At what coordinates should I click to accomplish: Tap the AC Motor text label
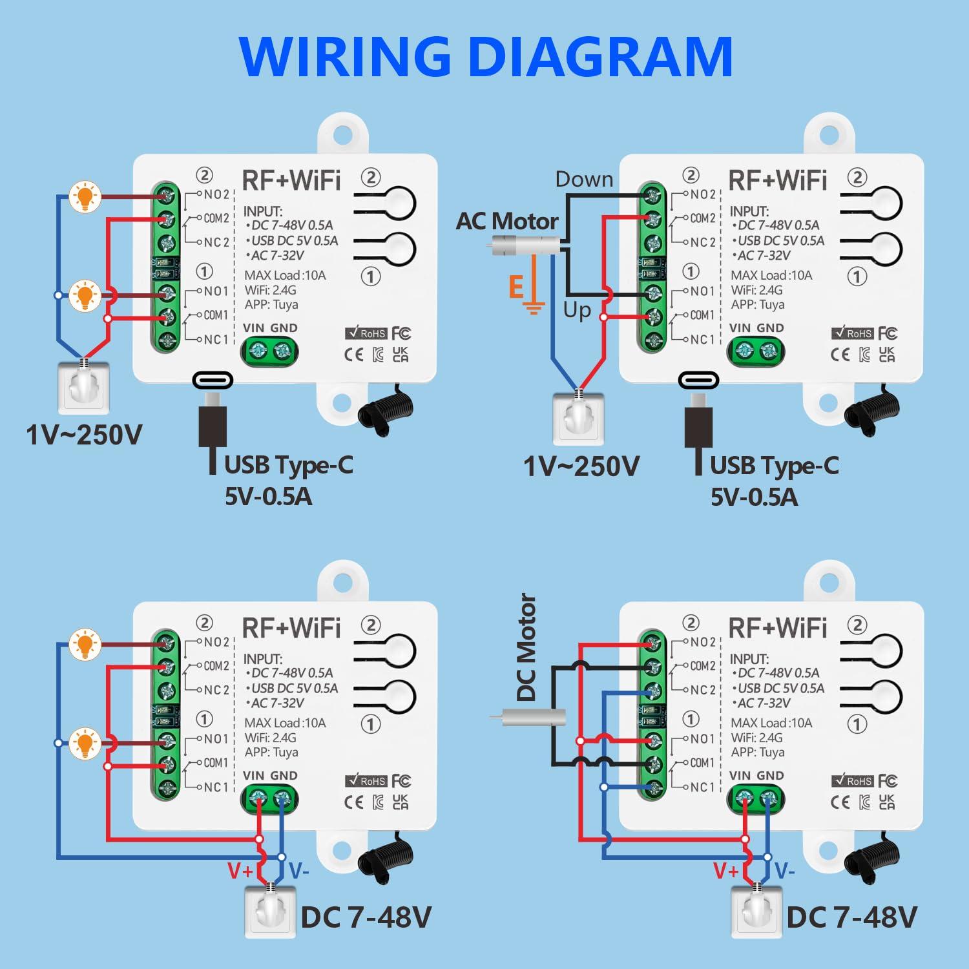[x=507, y=222]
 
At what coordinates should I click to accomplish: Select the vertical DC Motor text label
[x=526, y=647]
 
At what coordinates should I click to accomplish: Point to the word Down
[x=584, y=179]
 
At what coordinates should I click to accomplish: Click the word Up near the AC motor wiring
[x=577, y=311]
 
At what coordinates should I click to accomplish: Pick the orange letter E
[x=516, y=286]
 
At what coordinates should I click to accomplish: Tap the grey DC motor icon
[x=530, y=717]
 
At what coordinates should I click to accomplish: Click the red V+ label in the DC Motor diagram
[x=726, y=871]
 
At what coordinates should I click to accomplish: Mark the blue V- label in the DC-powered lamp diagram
[x=298, y=871]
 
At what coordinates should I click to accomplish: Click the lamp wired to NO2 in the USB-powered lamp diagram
[x=85, y=196]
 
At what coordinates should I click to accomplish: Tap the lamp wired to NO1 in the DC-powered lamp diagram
[x=85, y=743]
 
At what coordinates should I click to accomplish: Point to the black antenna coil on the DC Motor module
[x=872, y=859]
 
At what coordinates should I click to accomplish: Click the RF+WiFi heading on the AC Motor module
[x=777, y=180]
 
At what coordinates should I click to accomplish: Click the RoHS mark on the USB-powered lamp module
[x=366, y=333]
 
